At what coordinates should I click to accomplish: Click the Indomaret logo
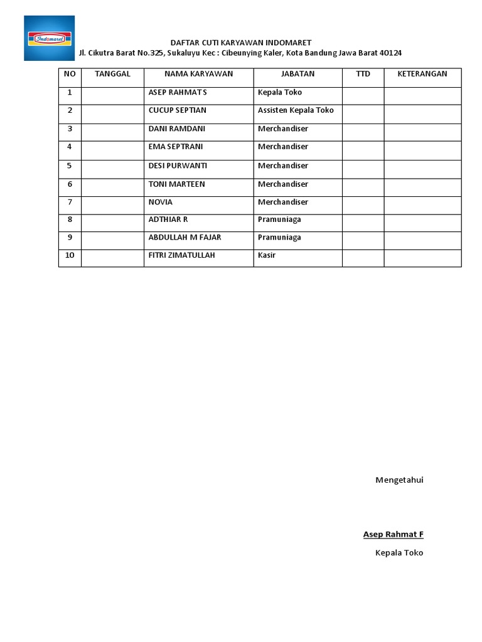[49, 38]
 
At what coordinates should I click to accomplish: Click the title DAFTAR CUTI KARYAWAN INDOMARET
[241, 43]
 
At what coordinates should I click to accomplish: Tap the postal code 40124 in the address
[390, 53]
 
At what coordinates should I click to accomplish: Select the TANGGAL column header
[112, 74]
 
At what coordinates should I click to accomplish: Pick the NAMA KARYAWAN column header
[198, 74]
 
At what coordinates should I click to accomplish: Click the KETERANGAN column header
[422, 74]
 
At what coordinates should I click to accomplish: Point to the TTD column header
[363, 74]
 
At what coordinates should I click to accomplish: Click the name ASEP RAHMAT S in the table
[178, 92]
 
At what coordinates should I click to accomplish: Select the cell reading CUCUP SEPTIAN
[178, 110]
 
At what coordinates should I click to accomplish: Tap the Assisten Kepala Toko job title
[296, 110]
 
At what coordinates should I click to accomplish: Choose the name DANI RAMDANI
[177, 129]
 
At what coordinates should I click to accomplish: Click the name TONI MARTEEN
[177, 184]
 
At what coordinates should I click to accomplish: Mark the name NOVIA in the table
[161, 203]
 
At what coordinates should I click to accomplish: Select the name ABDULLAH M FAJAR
[185, 238]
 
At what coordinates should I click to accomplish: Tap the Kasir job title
[267, 256]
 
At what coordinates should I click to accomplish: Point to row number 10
[70, 256]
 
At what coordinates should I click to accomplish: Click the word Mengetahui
[399, 480]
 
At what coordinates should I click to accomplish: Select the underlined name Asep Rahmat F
[393, 535]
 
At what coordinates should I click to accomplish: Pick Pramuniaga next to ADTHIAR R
[279, 220]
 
